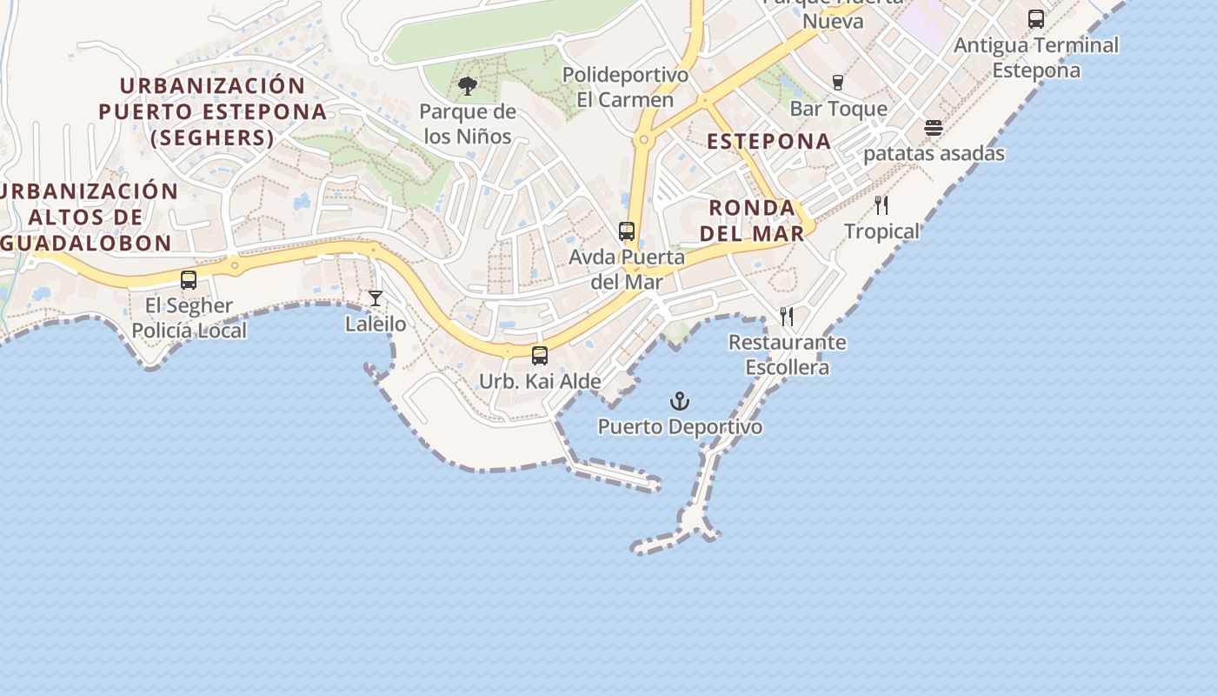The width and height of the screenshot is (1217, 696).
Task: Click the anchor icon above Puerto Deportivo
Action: pos(680,401)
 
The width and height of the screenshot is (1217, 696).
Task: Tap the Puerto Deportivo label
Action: pos(680,427)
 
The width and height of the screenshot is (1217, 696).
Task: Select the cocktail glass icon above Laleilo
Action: pos(376,298)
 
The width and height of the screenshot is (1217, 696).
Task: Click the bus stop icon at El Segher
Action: pos(189,280)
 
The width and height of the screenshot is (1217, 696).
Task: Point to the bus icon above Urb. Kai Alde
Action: pos(540,355)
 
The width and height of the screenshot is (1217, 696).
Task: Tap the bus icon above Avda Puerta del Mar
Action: pos(627,231)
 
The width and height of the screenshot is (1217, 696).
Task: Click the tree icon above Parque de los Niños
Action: pos(468,85)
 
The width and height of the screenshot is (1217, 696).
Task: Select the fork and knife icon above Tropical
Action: pos(881,205)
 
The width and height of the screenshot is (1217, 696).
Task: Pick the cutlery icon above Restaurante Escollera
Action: pos(787,316)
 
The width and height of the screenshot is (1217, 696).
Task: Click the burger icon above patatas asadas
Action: pos(934,128)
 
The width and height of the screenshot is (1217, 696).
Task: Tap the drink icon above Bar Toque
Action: pos(838,83)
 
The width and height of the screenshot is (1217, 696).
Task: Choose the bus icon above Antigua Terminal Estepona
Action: pos(1036,18)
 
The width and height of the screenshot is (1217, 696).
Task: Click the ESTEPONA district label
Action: pos(768,141)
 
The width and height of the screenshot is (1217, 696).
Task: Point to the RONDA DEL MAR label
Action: pos(752,220)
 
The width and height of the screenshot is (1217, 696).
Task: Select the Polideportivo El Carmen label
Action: pos(625,87)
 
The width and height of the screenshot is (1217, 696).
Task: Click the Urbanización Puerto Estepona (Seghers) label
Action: pos(213,111)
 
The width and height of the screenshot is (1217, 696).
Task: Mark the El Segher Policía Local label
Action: pos(189,318)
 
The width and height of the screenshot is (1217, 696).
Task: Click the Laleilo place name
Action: pos(376,325)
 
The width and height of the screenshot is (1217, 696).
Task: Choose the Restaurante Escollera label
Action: pos(787,354)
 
